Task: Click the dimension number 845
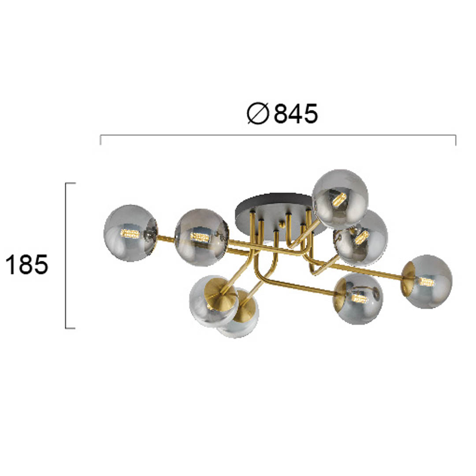click(296, 114)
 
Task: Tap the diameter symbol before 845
click(258, 114)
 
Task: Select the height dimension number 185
click(27, 264)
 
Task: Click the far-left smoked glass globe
click(130, 233)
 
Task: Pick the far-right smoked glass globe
click(427, 281)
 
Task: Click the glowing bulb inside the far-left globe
click(130, 234)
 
